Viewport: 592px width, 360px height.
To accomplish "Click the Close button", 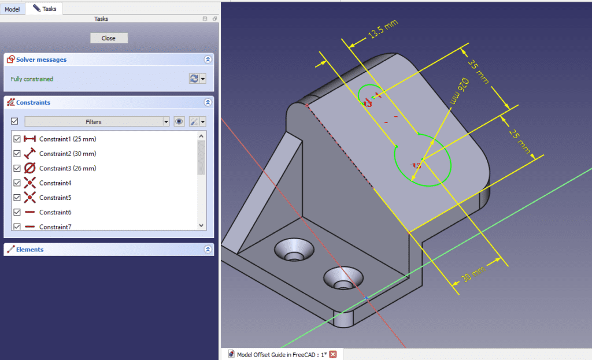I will click(x=109, y=38).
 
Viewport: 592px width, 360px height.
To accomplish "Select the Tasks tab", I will click(x=45, y=9).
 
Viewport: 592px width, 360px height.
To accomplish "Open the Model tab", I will click(x=12, y=9).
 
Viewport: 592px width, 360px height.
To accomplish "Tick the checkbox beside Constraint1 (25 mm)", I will click(x=17, y=139).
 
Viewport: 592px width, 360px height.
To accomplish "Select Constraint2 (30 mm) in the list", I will click(x=67, y=154).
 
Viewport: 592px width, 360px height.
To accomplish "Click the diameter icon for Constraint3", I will click(x=30, y=168).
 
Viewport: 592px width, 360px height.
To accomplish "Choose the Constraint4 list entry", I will click(x=55, y=183).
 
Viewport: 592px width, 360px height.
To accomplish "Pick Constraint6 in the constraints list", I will click(x=55, y=213).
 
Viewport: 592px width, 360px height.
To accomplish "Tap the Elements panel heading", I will click(x=29, y=250).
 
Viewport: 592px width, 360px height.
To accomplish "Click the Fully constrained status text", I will click(x=32, y=79).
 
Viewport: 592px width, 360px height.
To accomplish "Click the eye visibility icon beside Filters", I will click(x=179, y=122).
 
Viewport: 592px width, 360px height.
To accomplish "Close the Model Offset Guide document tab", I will click(x=333, y=354).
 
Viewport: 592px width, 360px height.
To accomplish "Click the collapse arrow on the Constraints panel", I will click(x=208, y=102).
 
